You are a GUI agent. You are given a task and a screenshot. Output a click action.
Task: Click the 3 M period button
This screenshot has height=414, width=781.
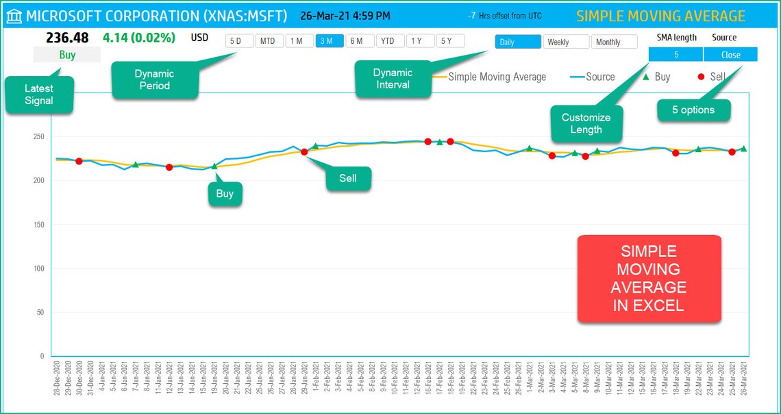(x=330, y=41)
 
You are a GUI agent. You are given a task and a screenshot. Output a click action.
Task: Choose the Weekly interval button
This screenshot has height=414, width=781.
(x=565, y=42)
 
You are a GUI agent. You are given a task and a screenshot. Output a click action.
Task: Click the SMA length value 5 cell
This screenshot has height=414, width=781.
(x=675, y=54)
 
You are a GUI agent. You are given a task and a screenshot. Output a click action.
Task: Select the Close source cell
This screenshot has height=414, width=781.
(x=730, y=54)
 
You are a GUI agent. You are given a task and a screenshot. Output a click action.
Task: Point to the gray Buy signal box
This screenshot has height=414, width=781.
(x=67, y=55)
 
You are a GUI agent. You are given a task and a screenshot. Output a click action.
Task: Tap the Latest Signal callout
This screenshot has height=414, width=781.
(x=38, y=95)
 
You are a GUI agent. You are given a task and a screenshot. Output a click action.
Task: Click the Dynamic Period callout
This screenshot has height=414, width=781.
(x=154, y=80)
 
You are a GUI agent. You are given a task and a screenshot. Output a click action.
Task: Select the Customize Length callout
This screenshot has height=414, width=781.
(x=586, y=123)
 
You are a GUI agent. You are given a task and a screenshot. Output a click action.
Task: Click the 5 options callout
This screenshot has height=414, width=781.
(x=693, y=110)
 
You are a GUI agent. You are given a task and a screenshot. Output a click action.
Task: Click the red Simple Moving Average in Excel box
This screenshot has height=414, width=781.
(x=649, y=278)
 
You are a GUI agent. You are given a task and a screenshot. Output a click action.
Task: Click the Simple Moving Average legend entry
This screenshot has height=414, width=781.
(x=496, y=77)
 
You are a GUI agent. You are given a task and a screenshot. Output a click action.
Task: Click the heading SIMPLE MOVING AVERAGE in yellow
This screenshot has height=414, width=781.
(x=660, y=16)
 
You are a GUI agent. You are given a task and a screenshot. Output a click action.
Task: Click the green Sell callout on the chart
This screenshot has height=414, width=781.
(x=348, y=178)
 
